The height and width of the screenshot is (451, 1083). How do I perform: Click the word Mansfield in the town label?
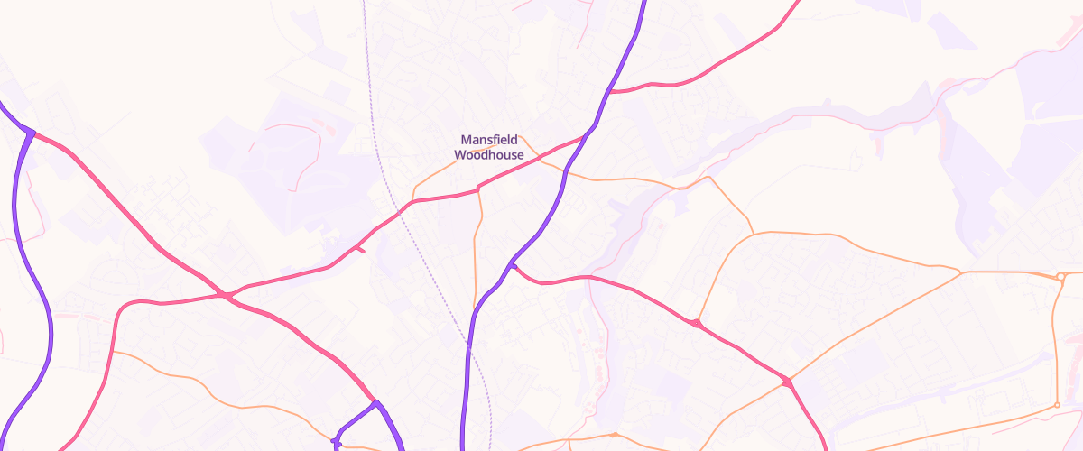point(488,140)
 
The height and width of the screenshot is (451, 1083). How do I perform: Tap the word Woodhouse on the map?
point(488,155)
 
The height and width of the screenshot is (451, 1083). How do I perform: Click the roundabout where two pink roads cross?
point(223,295)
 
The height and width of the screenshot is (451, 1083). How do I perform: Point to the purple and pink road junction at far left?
point(30,133)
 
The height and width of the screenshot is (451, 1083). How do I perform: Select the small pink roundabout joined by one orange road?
point(696,323)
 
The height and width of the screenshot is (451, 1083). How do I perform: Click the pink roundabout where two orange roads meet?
point(787,382)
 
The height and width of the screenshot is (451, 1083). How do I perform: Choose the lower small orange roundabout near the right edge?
point(1057,406)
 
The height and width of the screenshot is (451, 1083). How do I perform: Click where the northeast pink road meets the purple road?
point(610,91)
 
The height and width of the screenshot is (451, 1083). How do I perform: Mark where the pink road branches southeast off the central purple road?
point(513,264)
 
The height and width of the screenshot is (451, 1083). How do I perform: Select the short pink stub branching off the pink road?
point(360,249)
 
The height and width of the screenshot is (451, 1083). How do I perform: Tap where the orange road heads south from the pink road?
point(477,189)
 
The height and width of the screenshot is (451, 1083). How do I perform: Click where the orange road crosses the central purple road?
point(566,170)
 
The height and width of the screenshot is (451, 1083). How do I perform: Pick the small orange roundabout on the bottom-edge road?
point(614,436)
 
